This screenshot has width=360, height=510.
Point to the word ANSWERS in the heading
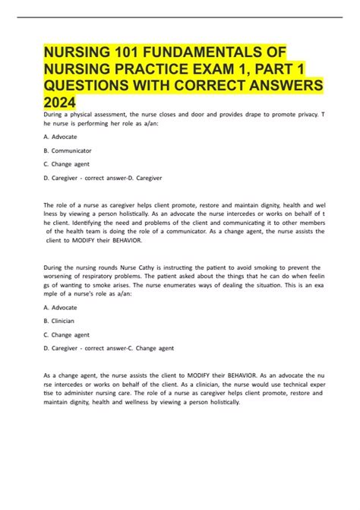click(283, 84)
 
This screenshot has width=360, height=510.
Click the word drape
click(242, 114)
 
